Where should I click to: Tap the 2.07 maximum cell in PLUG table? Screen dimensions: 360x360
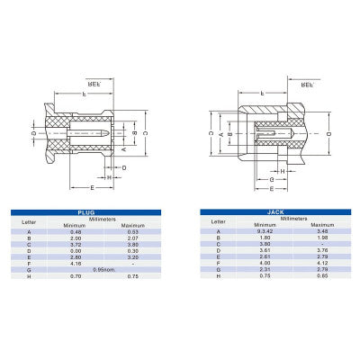point(133,238)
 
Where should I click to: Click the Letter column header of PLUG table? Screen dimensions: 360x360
point(30,220)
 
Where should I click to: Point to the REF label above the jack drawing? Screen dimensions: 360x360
point(306,84)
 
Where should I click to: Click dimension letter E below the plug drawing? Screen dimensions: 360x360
point(93,186)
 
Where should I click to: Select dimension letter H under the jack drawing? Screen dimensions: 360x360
point(282,171)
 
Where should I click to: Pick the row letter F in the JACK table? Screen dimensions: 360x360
point(217,262)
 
